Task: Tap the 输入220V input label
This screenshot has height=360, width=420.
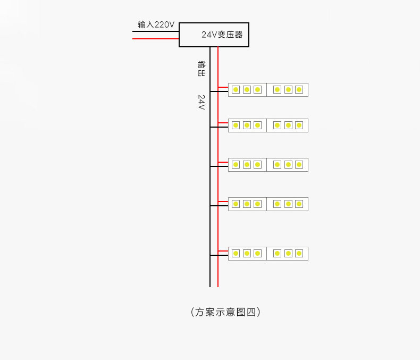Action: click(x=156, y=24)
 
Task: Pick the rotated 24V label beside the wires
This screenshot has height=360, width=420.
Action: click(x=201, y=102)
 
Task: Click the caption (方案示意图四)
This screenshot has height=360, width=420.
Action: click(x=225, y=312)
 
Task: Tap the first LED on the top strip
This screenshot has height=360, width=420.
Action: click(x=235, y=89)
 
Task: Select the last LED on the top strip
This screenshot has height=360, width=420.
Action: click(x=299, y=89)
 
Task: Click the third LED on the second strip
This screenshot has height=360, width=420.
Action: click(x=257, y=125)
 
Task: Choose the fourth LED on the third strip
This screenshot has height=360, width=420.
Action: click(x=277, y=165)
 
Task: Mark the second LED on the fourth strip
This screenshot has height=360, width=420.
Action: click(x=247, y=204)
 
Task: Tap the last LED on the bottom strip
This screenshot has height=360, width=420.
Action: click(x=299, y=253)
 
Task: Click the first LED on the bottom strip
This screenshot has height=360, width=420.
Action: click(x=235, y=253)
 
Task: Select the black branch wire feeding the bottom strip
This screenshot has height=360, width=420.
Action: click(x=219, y=255)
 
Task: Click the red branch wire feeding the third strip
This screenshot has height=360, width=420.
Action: click(x=223, y=162)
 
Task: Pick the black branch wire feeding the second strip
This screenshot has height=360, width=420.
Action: click(x=219, y=127)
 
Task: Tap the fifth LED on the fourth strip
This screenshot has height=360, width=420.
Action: click(x=288, y=204)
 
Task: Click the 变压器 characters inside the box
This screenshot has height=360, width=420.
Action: click(x=230, y=35)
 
